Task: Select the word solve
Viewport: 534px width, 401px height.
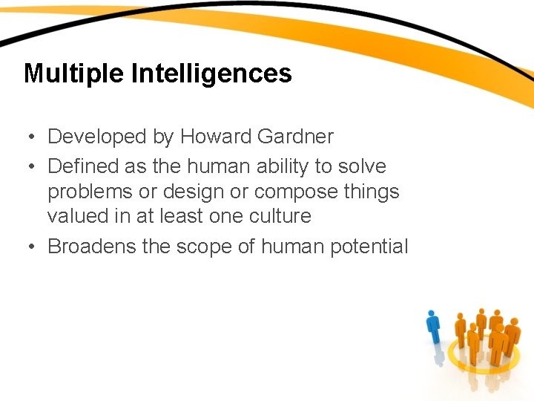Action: click(x=363, y=166)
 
